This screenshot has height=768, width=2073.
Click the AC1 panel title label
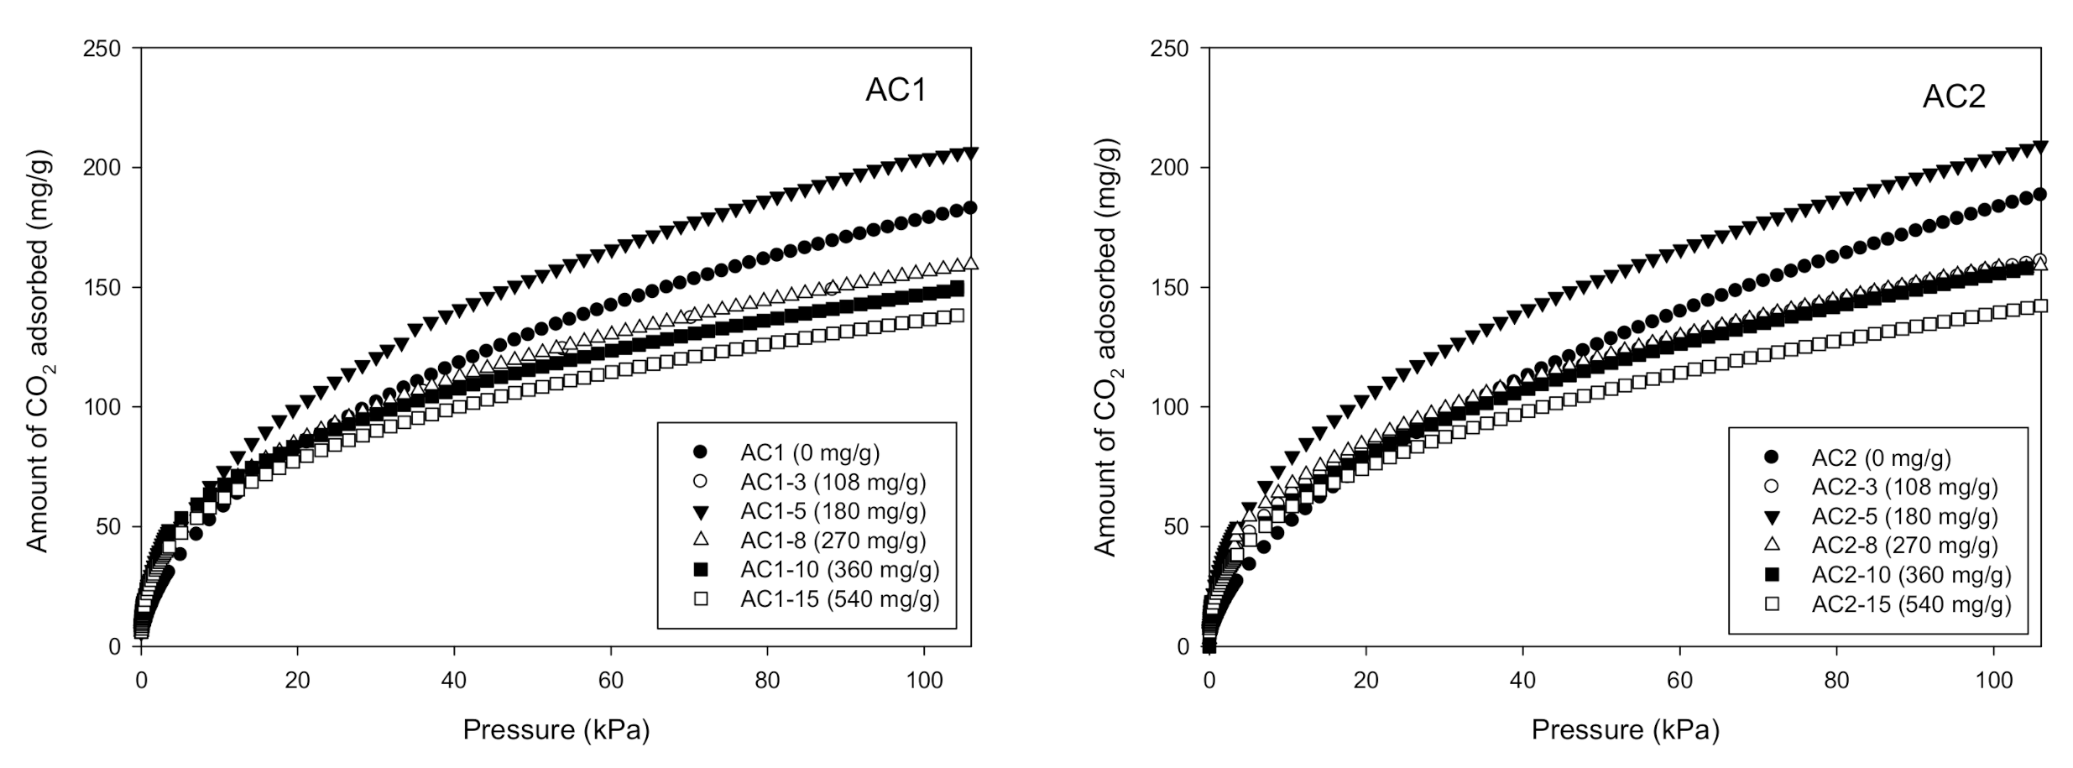(x=896, y=91)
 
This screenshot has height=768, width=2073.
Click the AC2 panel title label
(x=1953, y=97)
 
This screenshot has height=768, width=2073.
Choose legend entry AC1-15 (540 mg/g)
(x=839, y=599)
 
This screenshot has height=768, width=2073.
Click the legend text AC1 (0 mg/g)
(x=809, y=453)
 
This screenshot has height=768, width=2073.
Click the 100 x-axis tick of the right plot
(x=1993, y=681)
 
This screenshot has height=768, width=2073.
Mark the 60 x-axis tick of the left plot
(x=610, y=681)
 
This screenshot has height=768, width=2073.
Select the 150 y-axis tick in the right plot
(x=1170, y=288)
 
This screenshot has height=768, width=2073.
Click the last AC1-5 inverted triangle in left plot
(x=971, y=154)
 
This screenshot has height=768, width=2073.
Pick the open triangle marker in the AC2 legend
(x=1772, y=546)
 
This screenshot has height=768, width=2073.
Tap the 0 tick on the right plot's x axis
(x=1209, y=681)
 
